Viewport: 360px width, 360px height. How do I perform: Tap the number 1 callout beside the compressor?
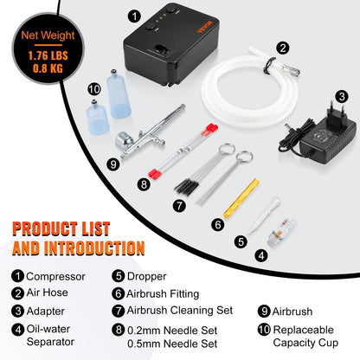[x=132, y=16]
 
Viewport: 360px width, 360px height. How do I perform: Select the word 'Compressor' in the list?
[x=55, y=277]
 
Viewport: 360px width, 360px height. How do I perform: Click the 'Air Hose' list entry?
[x=48, y=293]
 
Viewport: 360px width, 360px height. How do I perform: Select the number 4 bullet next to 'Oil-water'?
[x=16, y=329]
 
